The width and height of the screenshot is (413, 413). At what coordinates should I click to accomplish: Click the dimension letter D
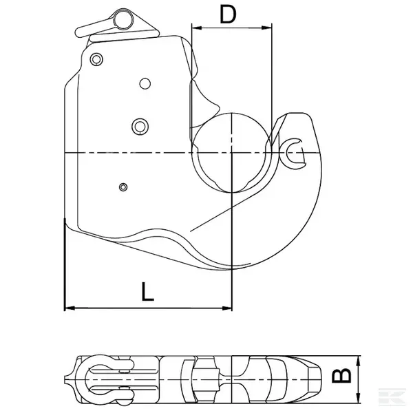click(x=228, y=14)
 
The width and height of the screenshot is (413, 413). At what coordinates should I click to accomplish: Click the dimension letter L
click(x=147, y=291)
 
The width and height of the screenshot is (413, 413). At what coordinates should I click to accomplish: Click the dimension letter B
click(x=341, y=375)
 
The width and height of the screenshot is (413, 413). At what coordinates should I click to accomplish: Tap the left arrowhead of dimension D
click(x=197, y=28)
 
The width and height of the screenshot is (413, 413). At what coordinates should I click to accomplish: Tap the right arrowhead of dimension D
click(x=267, y=28)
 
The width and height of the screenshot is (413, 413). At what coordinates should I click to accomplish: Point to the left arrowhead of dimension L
click(x=70, y=308)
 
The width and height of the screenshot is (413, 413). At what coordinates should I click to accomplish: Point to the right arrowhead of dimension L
click(x=226, y=308)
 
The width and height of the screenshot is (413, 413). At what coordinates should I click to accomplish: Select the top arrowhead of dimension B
click(x=358, y=361)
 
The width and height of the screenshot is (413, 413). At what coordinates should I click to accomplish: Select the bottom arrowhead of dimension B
click(x=358, y=398)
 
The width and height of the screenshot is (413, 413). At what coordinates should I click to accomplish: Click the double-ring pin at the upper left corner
click(x=96, y=59)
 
